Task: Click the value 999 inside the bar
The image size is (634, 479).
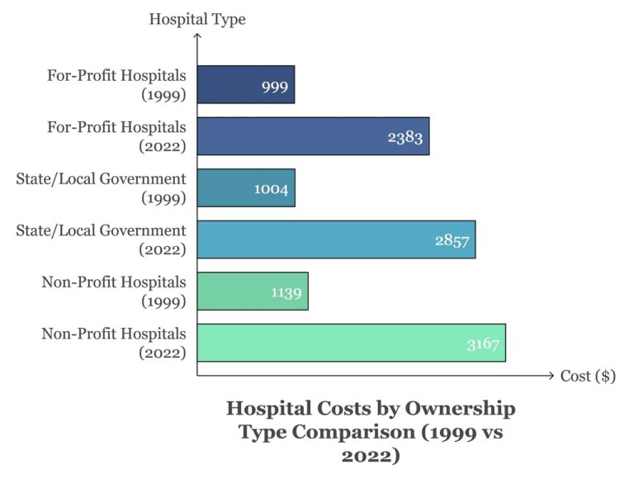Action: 274,87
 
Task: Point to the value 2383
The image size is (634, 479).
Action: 405,138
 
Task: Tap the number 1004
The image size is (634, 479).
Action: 271,190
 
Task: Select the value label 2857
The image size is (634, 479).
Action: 452,241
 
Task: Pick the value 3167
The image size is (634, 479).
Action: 482,344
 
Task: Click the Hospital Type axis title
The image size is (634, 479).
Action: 197,18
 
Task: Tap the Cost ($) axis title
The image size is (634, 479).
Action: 588,377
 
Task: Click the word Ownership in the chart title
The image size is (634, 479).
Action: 459,409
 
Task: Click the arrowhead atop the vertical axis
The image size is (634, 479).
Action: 197,36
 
